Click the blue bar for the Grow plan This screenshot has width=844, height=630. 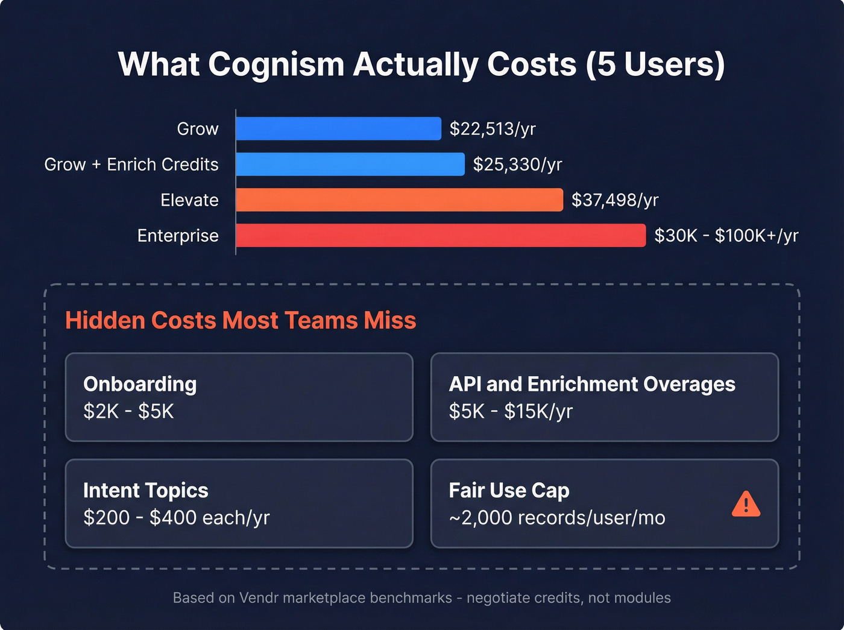338,128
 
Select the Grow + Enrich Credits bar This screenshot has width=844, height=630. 350,164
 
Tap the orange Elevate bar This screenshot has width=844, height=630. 399,200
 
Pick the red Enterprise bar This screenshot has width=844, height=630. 441,235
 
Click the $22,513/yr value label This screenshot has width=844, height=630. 493,129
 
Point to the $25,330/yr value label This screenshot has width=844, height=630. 517,165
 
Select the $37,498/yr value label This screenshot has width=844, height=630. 615,200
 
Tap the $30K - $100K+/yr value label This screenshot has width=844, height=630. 726,236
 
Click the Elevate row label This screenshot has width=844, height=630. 189,200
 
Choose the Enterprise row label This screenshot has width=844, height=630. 178,236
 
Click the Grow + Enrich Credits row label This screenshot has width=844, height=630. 131,165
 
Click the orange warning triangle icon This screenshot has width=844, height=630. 746,505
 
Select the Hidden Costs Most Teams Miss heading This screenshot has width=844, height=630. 241,321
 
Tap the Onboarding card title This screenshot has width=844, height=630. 140,384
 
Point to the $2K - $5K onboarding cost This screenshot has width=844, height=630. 128,411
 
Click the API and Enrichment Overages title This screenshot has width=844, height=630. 592,384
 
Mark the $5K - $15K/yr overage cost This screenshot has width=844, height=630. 511,411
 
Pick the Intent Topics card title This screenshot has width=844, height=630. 146,490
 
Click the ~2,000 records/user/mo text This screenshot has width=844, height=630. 557,518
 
